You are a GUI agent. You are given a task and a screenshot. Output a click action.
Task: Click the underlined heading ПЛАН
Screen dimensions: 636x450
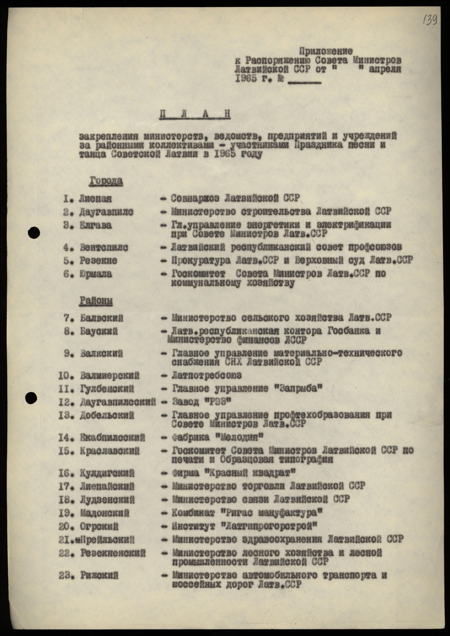click(x=195, y=114)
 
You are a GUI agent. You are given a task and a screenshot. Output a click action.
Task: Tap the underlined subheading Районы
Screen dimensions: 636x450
click(x=96, y=301)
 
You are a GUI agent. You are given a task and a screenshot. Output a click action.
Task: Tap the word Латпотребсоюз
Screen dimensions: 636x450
click(x=206, y=375)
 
